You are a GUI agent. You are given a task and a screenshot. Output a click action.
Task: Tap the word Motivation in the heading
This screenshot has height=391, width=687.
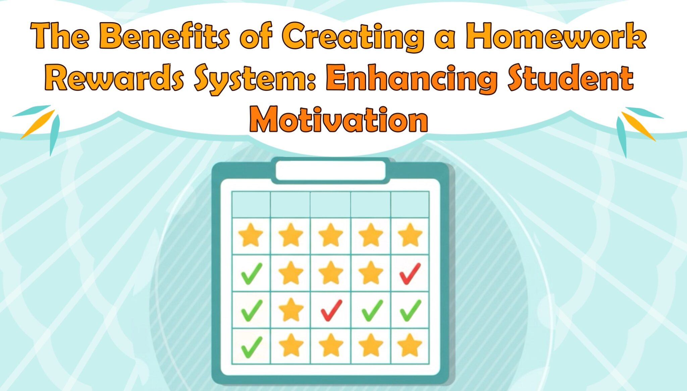pos(339,119)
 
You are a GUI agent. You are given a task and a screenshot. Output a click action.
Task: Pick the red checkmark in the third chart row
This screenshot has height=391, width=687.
pos(331,310)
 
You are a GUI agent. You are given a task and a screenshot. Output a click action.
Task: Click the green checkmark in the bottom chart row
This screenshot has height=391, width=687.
pos(252,347)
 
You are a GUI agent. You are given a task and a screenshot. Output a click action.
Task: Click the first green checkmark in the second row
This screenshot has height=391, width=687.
pos(252,274)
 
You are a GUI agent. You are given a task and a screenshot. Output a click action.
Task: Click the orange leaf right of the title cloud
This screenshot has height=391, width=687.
pos(637,126)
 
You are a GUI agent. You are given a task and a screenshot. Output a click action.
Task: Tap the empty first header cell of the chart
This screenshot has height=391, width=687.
pos(251,204)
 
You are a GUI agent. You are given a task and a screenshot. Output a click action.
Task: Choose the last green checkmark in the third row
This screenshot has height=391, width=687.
pos(410,310)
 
